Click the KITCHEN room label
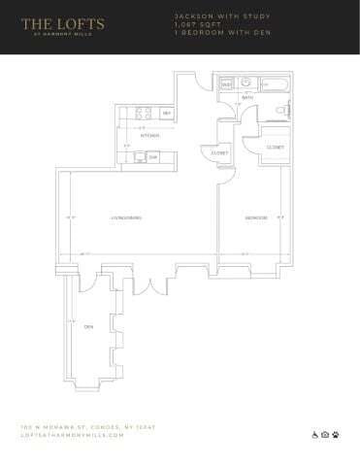(x=149, y=135)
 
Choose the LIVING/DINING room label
(x=127, y=217)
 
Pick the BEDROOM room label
(x=255, y=217)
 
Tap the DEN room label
(x=88, y=325)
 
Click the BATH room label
(x=247, y=97)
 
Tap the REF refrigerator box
(x=167, y=114)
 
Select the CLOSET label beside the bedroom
(x=276, y=147)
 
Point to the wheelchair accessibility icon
(x=313, y=434)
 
